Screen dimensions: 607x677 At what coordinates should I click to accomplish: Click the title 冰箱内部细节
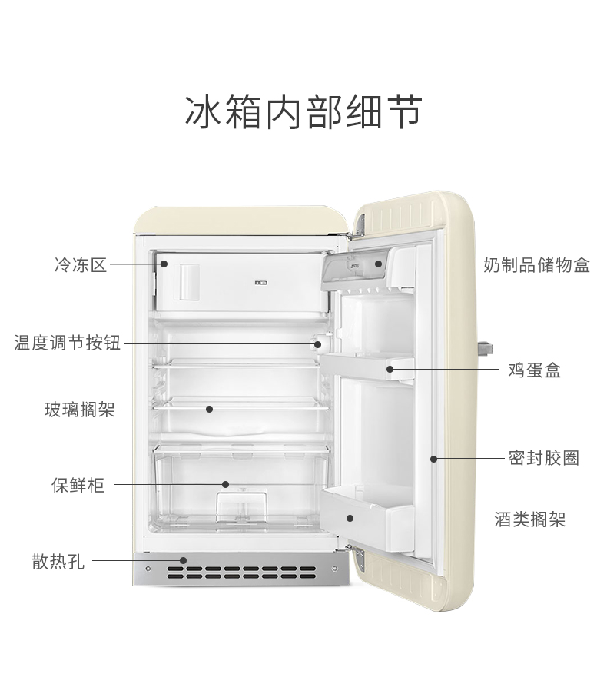click(x=303, y=112)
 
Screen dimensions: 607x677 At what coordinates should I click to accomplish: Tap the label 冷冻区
click(x=80, y=266)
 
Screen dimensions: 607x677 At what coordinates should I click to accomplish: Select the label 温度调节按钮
click(x=68, y=343)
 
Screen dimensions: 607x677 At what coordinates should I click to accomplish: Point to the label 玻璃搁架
click(x=79, y=410)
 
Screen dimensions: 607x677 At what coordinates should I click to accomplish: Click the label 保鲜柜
click(x=78, y=485)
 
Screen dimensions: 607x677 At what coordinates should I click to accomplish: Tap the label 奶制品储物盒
click(x=537, y=266)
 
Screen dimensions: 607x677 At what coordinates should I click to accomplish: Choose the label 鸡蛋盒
click(x=534, y=370)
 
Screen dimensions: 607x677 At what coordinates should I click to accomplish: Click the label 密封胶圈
click(x=543, y=459)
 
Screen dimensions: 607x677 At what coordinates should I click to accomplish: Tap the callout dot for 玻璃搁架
click(x=209, y=410)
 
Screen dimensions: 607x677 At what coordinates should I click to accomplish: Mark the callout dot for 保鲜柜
click(x=226, y=484)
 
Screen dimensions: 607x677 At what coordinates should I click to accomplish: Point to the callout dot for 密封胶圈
click(x=433, y=459)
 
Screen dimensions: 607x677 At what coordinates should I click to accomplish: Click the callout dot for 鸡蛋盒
click(x=390, y=370)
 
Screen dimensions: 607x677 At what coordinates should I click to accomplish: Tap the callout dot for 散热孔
click(x=183, y=560)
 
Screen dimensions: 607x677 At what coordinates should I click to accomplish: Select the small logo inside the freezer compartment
click(x=259, y=283)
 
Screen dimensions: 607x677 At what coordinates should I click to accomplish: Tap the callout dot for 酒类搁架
click(x=349, y=519)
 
